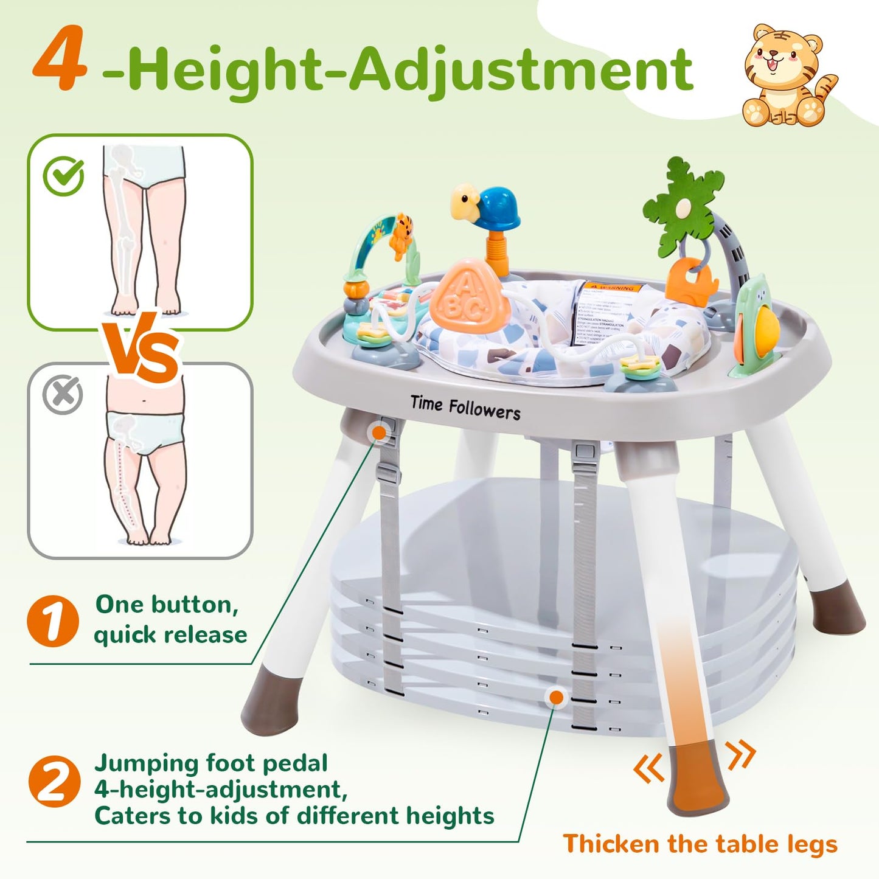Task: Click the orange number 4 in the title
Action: [x=59, y=60]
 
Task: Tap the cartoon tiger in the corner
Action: [x=785, y=76]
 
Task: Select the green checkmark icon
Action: [x=64, y=176]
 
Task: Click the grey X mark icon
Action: [x=63, y=395]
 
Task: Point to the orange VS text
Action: [x=141, y=352]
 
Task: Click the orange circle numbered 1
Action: [x=53, y=620]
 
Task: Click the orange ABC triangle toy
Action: [x=465, y=298]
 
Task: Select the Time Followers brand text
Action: [x=465, y=408]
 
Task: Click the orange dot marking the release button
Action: [x=380, y=433]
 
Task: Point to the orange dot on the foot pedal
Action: [x=555, y=697]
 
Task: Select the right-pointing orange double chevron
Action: [x=741, y=755]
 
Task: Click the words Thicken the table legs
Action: [x=700, y=844]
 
